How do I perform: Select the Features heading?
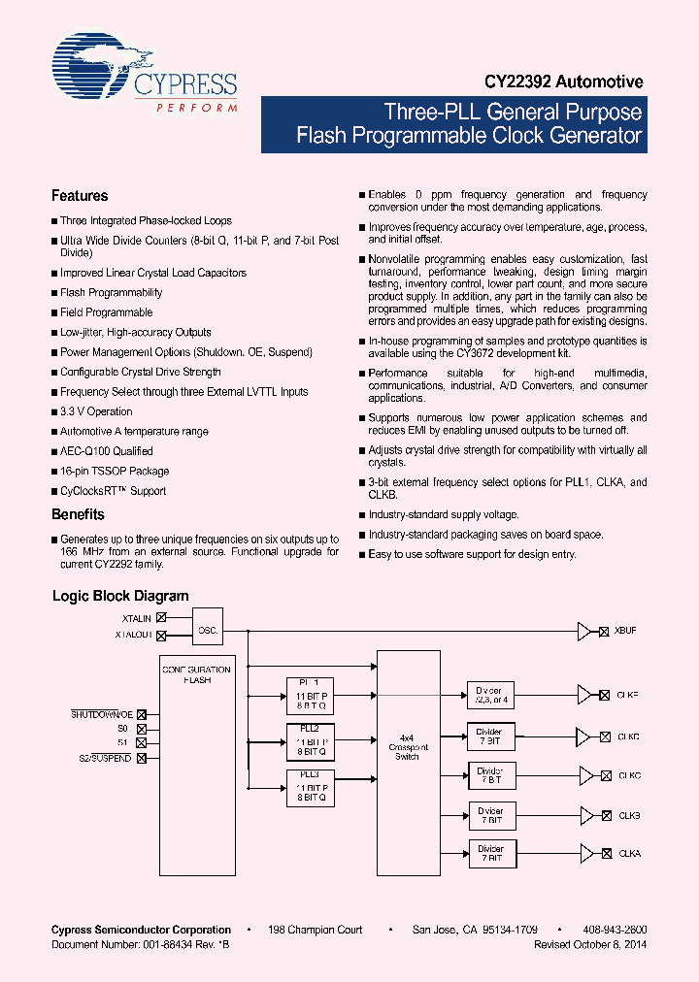coord(80,196)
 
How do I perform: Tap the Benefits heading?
coord(78,514)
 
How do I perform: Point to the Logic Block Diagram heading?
coord(120,596)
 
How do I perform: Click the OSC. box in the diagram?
coord(208,630)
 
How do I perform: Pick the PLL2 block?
coord(310,740)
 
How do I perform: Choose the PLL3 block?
coord(310,786)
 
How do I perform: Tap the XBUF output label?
coord(624,631)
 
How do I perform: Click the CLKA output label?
coord(628,853)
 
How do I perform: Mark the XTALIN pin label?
coord(136,617)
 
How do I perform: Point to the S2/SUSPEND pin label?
coord(105,758)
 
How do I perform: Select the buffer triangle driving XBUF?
coord(584,631)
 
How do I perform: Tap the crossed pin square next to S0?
coord(142,729)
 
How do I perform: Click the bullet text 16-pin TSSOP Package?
coord(115,471)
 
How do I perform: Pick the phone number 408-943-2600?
coord(616,930)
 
